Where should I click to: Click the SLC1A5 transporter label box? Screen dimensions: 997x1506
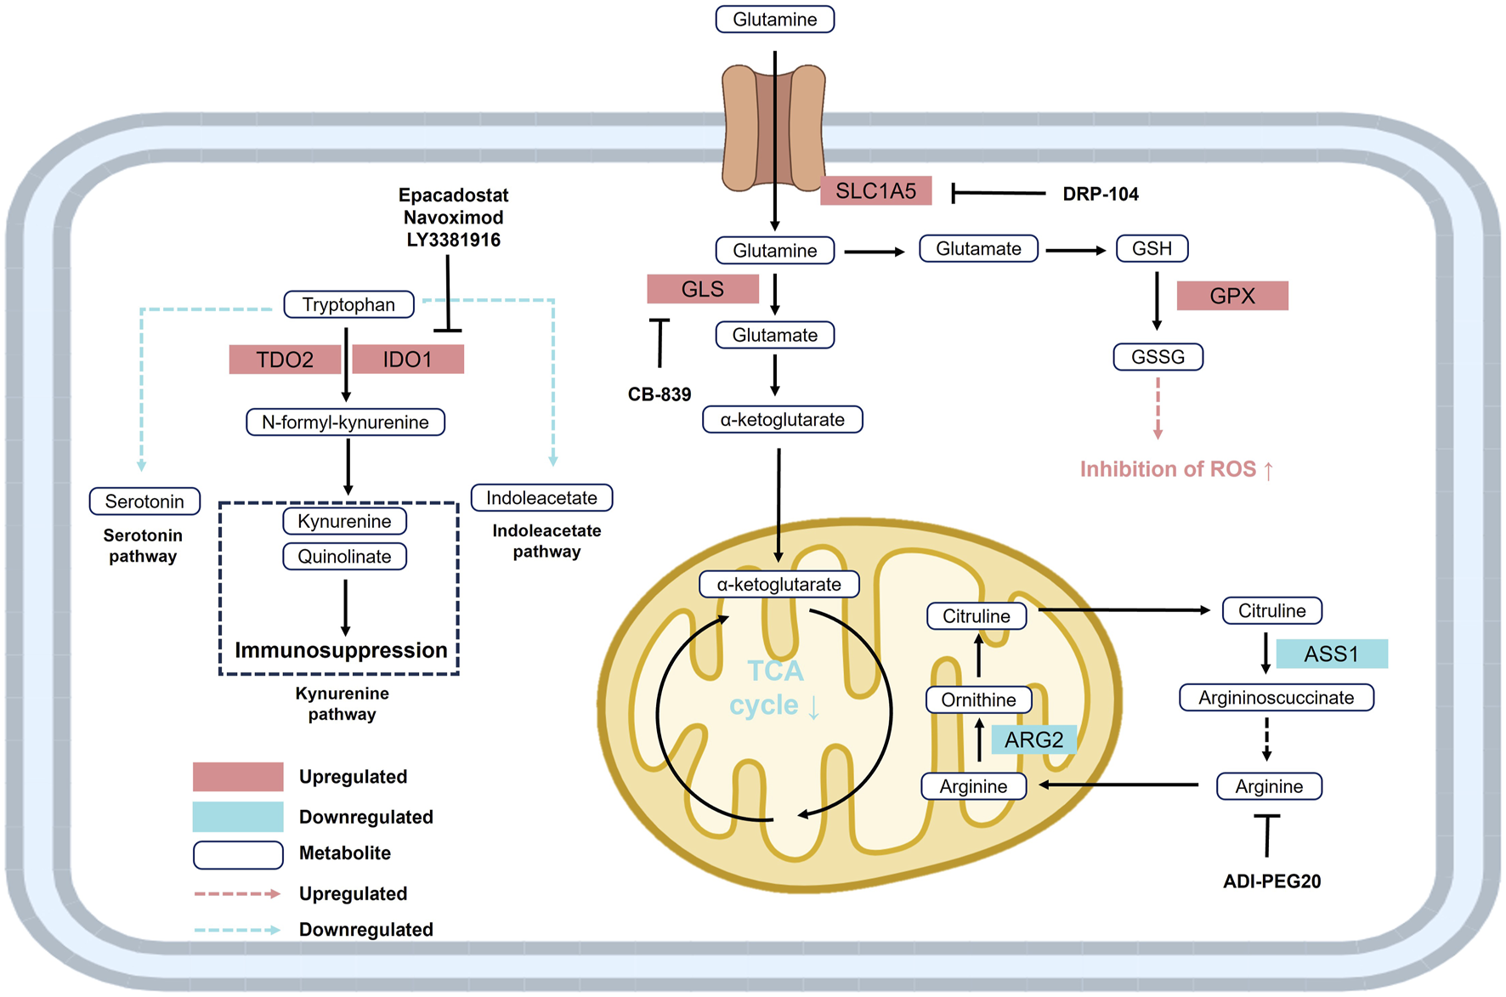875,191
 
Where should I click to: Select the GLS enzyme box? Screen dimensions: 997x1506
703,290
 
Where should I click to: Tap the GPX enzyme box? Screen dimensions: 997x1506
1232,296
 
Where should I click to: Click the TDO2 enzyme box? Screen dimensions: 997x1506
285,360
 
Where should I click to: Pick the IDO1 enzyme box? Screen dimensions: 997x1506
408,360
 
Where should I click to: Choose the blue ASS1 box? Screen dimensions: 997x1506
1332,654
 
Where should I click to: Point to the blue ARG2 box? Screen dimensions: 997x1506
1033,739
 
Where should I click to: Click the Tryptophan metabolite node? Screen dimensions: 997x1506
348,304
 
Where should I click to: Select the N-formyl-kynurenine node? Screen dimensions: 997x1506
345,422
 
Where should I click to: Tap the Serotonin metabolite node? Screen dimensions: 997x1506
144,501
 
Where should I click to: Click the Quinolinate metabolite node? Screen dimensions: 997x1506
344,557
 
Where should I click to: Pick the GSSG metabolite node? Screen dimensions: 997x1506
1158,357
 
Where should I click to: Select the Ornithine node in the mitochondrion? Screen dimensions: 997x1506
978,700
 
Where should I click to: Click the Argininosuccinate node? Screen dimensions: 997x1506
1276,698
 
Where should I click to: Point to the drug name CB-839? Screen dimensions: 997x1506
660,394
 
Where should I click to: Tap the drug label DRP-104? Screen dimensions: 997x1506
1101,194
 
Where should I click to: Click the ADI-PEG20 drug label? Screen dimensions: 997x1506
1271,881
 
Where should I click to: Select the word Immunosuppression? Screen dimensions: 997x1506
341,650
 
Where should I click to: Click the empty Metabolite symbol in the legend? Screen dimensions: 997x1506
238,854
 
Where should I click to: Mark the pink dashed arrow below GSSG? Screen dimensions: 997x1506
1158,408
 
